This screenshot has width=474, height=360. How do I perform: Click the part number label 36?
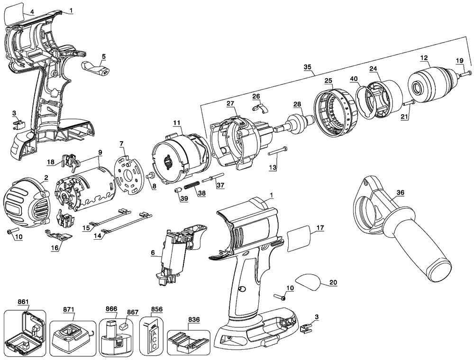point(401,193)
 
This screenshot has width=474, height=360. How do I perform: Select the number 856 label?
point(156,309)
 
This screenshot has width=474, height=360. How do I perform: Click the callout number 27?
point(230,103)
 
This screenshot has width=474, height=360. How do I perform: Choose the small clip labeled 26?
point(258,108)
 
